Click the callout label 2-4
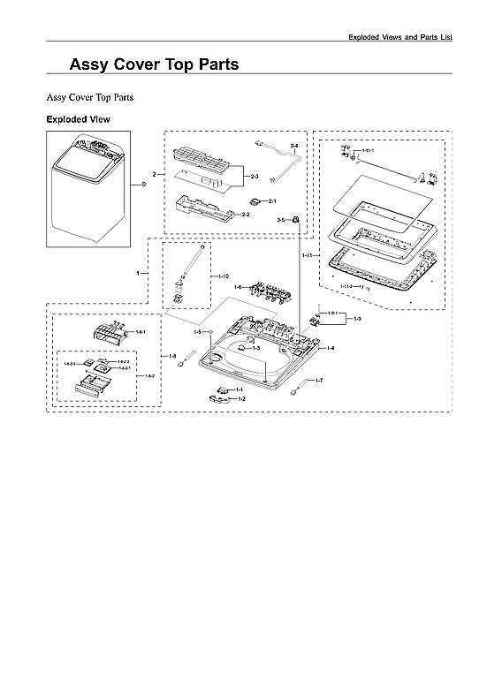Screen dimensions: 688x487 click(294, 145)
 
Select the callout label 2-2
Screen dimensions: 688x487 click(246, 214)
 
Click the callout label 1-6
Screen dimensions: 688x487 click(238, 288)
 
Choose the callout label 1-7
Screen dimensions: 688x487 click(319, 381)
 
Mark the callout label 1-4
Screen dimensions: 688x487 click(330, 349)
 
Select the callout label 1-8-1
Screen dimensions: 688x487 click(140, 332)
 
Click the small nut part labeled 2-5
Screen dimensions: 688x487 click(297, 218)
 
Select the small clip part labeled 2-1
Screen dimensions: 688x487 click(255, 201)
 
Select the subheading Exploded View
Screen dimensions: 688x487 click(78, 118)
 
